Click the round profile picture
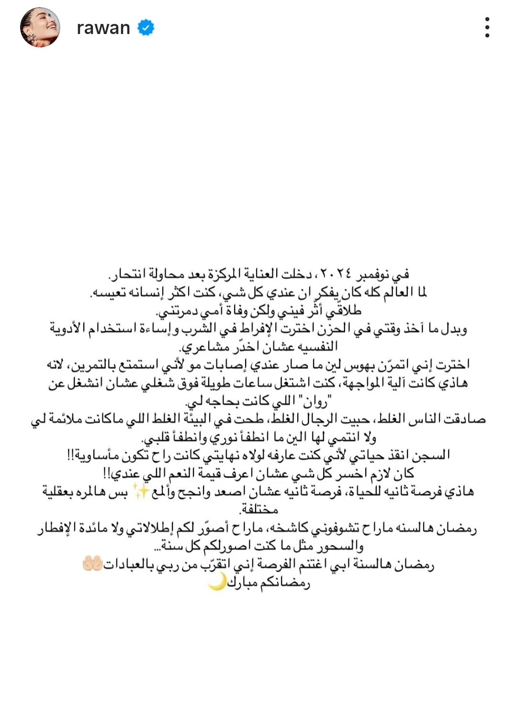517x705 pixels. pos(40,27)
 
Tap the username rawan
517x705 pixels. pos(103,28)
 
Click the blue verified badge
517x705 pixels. pos(146,28)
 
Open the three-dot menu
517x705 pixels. pos(487,27)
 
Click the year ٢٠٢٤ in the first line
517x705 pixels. pos(336,274)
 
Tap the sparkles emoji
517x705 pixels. pos(141,491)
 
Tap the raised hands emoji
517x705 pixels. pos(92,564)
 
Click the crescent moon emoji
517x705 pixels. pos(216,582)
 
